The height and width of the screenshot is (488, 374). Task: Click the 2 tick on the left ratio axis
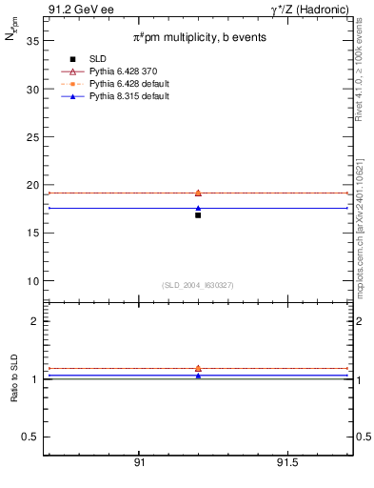click(x=33, y=321)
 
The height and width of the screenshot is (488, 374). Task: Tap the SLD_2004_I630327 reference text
click(x=198, y=285)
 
